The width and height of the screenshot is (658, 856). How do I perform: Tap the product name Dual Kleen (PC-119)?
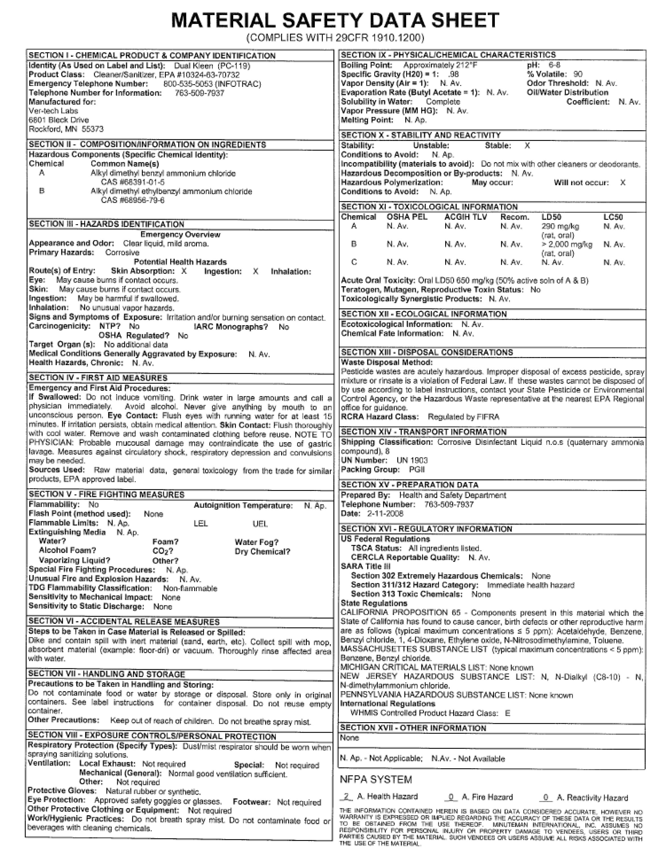212,66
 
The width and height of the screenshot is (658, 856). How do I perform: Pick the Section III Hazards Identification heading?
106,224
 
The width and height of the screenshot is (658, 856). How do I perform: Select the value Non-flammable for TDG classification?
190,588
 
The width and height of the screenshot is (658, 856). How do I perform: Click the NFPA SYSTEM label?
376,780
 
